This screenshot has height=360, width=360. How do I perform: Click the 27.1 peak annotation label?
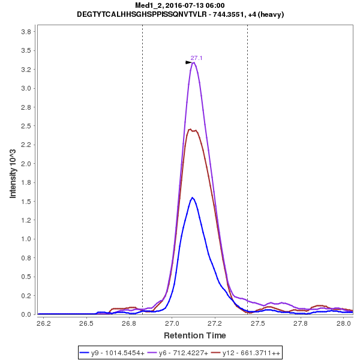click(196, 58)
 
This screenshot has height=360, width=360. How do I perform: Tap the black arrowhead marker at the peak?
click(188, 62)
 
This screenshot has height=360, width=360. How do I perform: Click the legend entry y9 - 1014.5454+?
click(113, 352)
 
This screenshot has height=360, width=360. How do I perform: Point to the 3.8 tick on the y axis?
click(28, 32)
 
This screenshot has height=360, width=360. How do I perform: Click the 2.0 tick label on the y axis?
click(28, 164)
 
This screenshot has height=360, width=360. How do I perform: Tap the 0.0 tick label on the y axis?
click(28, 314)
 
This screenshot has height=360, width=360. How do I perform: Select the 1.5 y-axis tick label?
click(28, 202)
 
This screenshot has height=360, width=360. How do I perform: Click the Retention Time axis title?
click(195, 335)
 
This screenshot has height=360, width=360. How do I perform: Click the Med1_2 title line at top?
click(179, 5)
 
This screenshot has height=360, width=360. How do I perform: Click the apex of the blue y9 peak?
click(192, 197)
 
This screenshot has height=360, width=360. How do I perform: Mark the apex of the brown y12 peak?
click(190, 129)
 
